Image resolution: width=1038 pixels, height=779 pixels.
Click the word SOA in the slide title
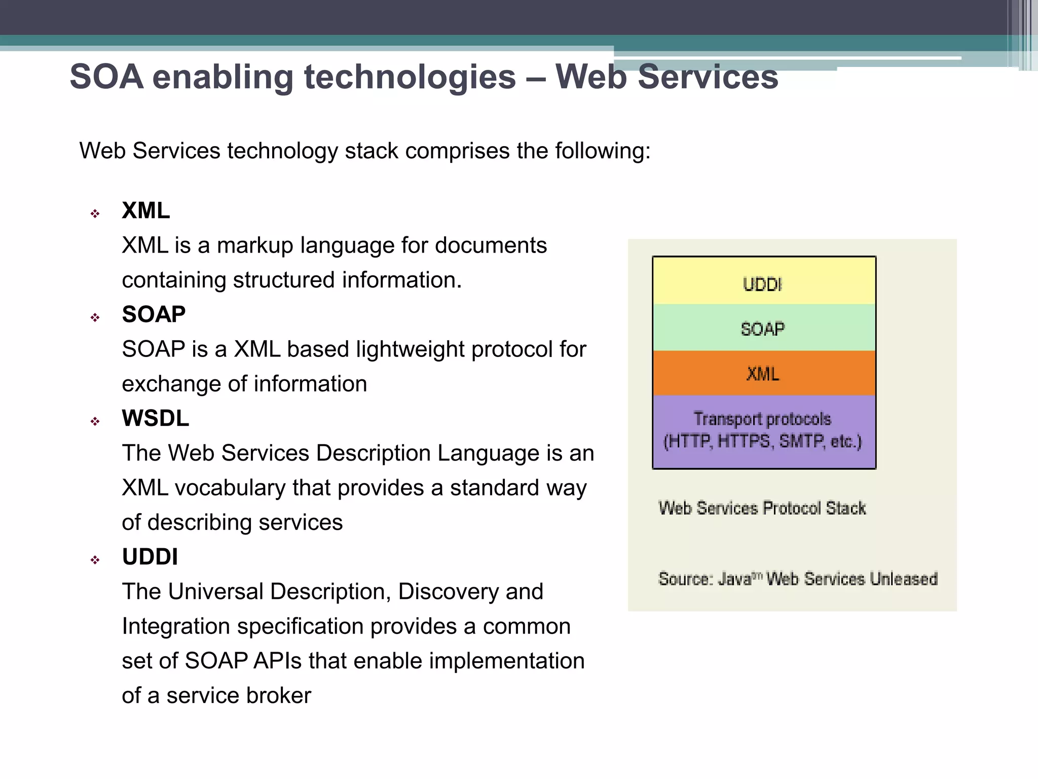106,77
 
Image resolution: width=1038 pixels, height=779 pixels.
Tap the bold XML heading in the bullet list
145,210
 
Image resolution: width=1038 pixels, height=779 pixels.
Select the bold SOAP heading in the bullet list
154,314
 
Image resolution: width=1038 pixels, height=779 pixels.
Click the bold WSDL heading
155,418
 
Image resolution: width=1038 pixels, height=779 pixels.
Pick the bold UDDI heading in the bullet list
150,557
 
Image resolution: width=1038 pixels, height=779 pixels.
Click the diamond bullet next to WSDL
95,421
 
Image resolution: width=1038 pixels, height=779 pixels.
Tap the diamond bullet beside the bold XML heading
95,214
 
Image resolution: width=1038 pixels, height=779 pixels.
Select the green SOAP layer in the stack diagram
763,329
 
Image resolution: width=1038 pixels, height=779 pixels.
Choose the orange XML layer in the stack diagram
763,374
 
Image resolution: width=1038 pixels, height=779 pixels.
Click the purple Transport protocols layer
763,431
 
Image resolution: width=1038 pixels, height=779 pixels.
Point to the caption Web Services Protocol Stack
762,508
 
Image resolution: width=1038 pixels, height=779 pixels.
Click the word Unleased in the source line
903,579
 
